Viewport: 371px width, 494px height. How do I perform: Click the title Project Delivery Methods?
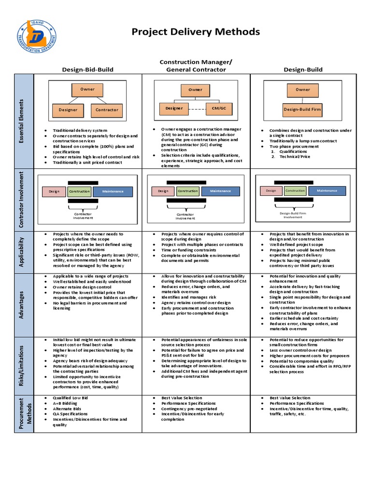click(196, 32)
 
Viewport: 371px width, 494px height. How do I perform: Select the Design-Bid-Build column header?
click(87, 69)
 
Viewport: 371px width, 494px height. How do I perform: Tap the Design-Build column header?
click(303, 69)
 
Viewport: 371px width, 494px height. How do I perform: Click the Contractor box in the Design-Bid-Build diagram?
click(107, 110)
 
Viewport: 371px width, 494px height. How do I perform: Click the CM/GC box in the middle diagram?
click(219, 109)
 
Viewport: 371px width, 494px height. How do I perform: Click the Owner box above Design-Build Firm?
click(303, 90)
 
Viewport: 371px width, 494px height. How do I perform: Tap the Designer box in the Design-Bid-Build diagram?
click(68, 110)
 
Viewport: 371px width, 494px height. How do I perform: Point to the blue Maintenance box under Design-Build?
click(327, 191)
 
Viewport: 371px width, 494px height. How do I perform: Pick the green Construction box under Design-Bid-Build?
click(79, 192)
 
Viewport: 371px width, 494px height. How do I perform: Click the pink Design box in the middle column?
click(163, 191)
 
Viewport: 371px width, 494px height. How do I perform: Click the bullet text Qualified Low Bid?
click(71, 398)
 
